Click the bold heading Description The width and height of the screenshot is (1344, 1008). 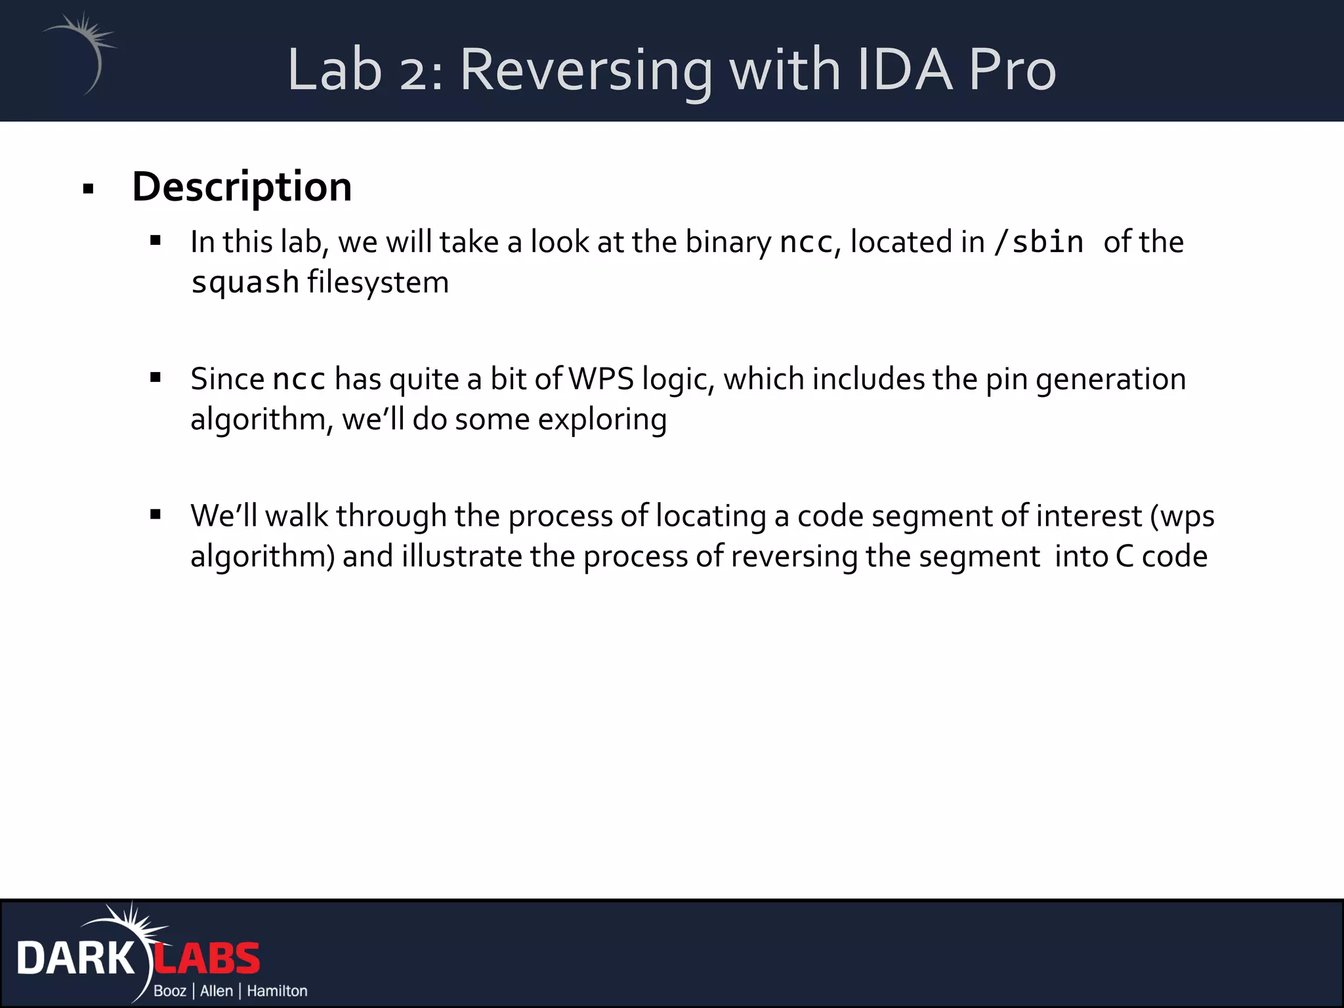(241, 187)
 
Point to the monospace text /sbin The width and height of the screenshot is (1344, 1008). (1038, 242)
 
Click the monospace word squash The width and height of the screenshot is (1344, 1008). (245, 283)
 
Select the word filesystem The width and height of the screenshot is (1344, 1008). (378, 282)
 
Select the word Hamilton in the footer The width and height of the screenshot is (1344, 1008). (276, 991)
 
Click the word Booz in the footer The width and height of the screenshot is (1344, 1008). (170, 991)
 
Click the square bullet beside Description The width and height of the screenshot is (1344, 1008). (89, 190)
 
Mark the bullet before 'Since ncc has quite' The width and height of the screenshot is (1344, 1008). (156, 377)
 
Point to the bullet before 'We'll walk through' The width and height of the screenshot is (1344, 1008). (156, 514)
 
